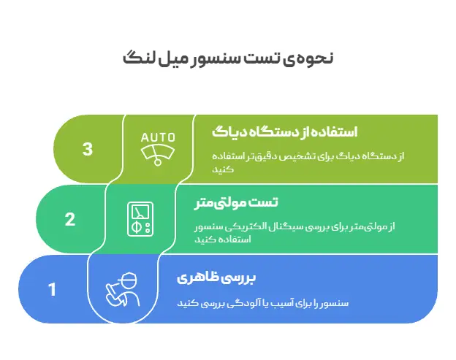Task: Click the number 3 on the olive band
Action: coord(88,149)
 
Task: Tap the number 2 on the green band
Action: coord(70,219)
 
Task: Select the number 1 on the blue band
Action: coord(52,290)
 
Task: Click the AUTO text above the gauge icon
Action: coord(159,137)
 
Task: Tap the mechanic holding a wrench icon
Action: coord(121,290)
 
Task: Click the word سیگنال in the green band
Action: coord(299,227)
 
